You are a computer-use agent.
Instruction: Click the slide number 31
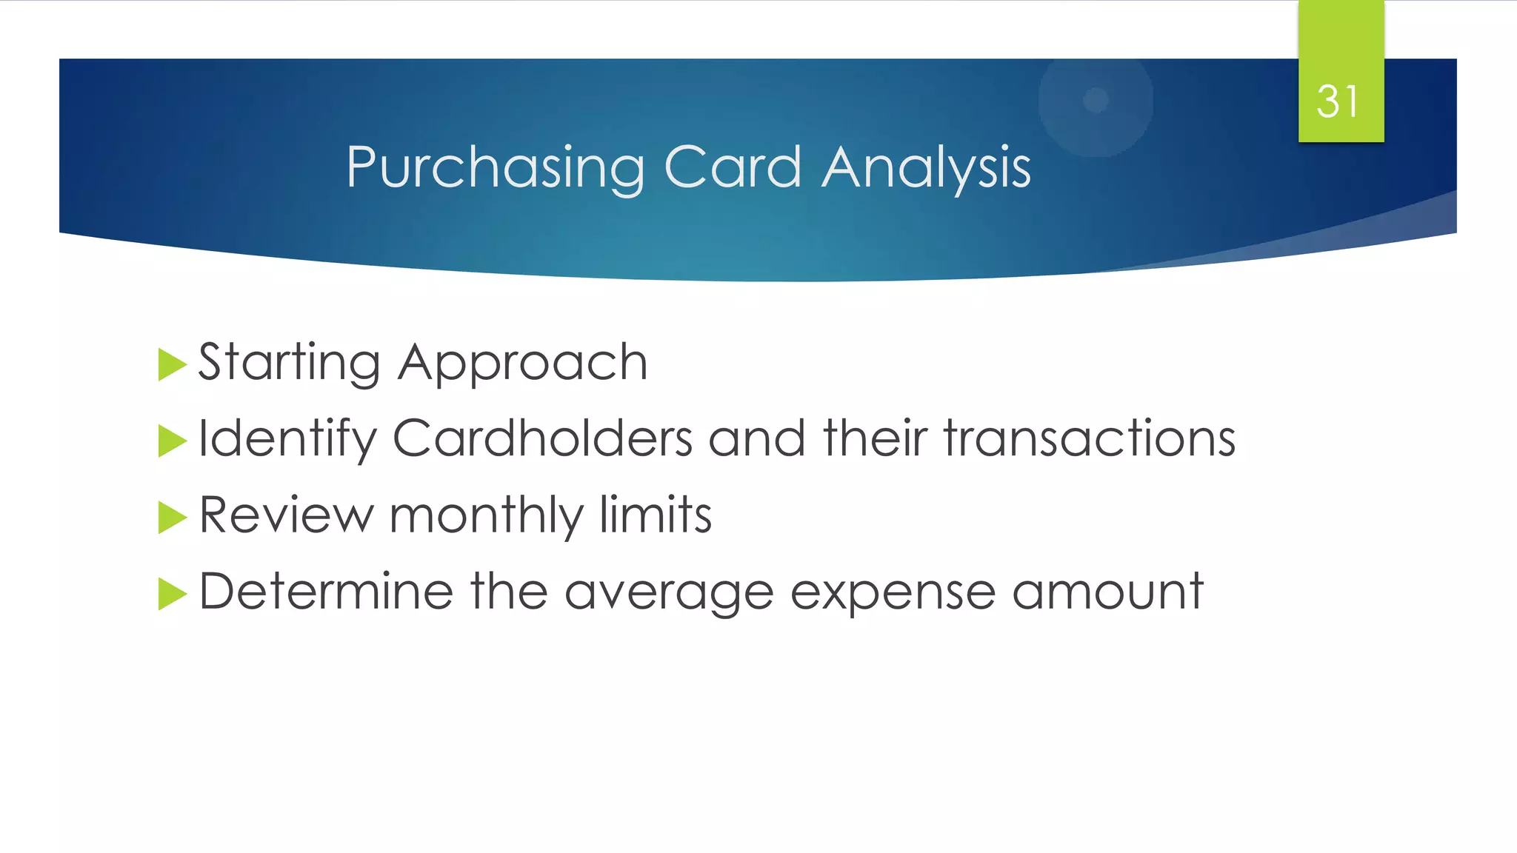1338,101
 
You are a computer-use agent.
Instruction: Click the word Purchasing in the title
495,167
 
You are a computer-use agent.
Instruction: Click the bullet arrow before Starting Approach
172,365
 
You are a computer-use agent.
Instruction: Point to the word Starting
289,363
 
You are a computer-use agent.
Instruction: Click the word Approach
522,363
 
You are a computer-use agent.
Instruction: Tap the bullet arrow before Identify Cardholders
172,441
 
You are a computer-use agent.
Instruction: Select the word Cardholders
542,438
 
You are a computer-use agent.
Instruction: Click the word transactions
1090,438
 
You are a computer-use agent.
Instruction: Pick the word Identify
287,438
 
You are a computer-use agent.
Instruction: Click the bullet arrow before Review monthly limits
172,518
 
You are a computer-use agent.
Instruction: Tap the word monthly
486,515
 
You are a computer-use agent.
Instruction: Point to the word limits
655,515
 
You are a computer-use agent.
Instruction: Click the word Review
286,515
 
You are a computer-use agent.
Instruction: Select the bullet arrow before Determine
172,594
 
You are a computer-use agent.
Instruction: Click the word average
668,592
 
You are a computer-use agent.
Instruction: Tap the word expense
893,592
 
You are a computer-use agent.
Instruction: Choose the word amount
1107,592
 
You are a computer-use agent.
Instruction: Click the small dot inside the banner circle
1096,99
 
